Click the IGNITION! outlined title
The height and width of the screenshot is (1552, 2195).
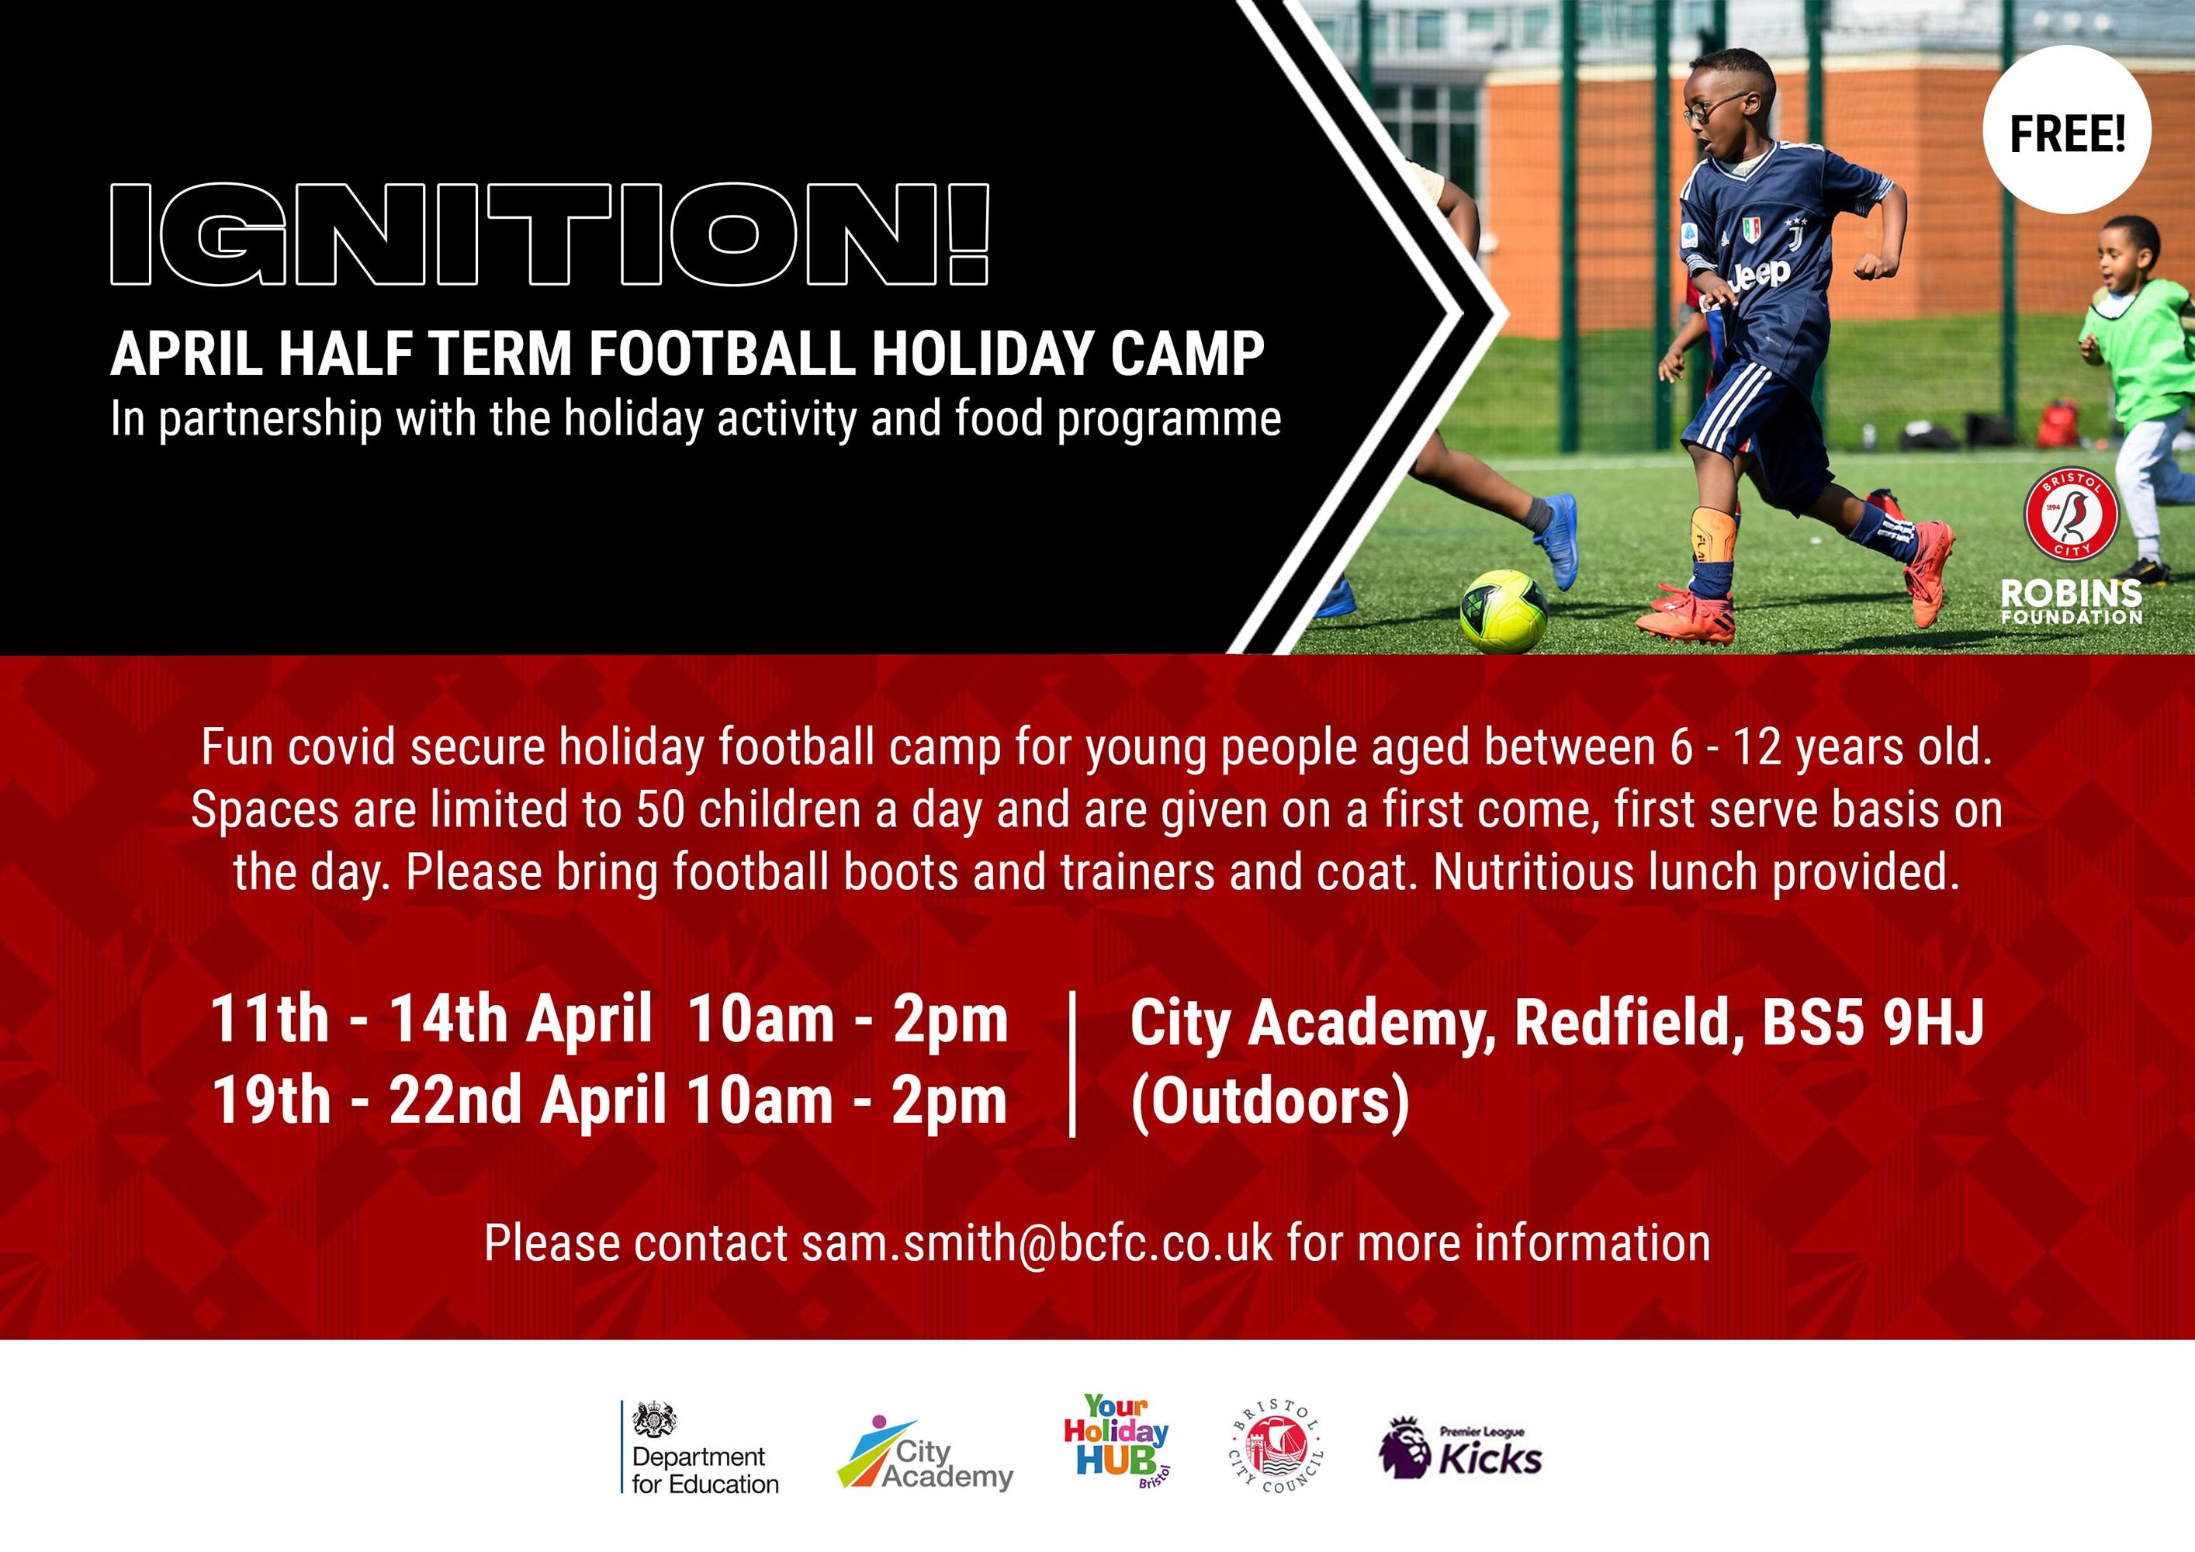point(549,234)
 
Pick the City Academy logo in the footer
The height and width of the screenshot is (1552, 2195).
point(924,1453)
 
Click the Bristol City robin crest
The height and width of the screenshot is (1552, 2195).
point(2071,514)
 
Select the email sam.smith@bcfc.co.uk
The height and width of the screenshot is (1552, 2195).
point(1037,1243)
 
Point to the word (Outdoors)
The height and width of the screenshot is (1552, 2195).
point(1269,1102)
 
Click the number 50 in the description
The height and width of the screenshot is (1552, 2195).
point(660,809)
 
